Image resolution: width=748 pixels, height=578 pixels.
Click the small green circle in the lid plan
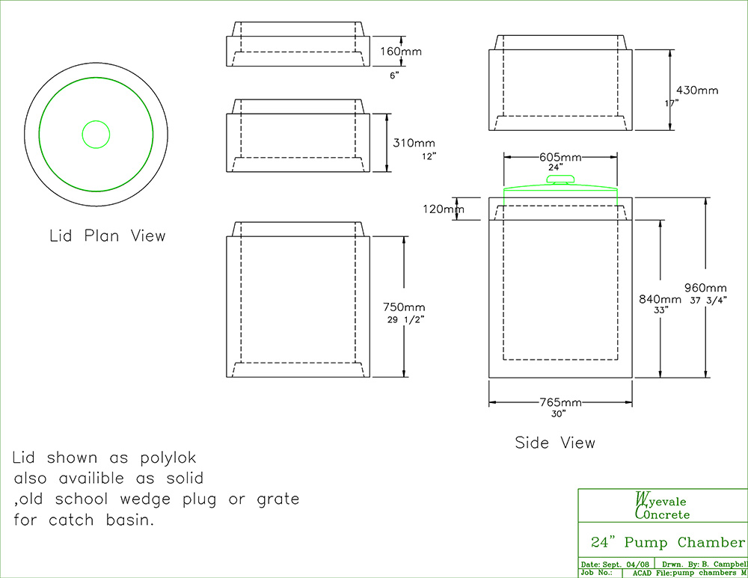(x=96, y=135)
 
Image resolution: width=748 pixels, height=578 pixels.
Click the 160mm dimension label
(x=401, y=52)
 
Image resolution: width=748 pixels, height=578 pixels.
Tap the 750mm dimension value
(x=405, y=307)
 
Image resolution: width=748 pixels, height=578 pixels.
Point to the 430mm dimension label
(x=697, y=90)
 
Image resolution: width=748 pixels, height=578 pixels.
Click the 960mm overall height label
(x=705, y=288)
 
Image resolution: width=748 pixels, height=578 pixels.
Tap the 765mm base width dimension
(x=560, y=403)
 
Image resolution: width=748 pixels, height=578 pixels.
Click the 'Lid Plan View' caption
(x=107, y=236)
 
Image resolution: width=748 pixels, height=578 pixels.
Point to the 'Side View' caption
(x=555, y=443)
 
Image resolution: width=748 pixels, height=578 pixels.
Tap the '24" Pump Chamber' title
(x=667, y=542)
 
